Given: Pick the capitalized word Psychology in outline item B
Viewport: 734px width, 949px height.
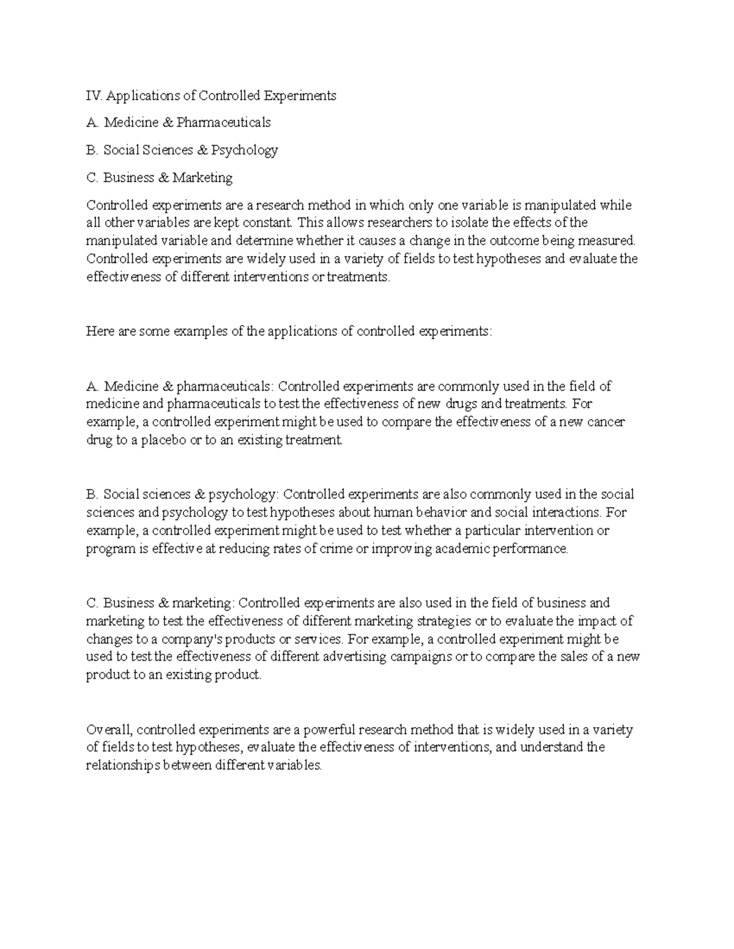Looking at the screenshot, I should pos(245,150).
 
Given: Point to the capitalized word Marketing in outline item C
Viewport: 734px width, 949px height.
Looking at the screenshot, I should pos(202,178).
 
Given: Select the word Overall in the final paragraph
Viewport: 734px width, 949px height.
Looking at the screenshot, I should pos(109,730).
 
